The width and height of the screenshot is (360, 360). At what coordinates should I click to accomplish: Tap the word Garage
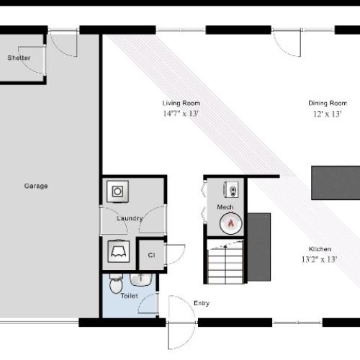pyautogui.click(x=36, y=186)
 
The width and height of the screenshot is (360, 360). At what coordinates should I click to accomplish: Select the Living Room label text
pyautogui.click(x=181, y=103)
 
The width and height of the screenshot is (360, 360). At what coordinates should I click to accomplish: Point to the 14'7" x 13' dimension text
pyautogui.click(x=181, y=113)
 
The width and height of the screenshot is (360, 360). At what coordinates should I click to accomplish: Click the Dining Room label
pyautogui.click(x=328, y=103)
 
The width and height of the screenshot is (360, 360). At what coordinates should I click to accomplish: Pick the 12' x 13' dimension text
pyautogui.click(x=328, y=113)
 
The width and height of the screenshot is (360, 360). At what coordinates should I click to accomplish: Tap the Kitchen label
pyautogui.click(x=320, y=248)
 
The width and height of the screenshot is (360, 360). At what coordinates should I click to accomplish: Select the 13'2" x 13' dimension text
pyautogui.click(x=320, y=258)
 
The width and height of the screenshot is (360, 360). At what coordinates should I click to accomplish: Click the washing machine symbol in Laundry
pyautogui.click(x=117, y=192)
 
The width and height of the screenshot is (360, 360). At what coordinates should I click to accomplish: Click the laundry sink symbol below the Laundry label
pyautogui.click(x=117, y=251)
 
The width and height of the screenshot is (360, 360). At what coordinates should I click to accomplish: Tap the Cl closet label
pyautogui.click(x=151, y=255)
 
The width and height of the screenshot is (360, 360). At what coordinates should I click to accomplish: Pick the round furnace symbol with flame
pyautogui.click(x=230, y=224)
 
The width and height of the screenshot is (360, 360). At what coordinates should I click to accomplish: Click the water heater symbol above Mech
pyautogui.click(x=232, y=190)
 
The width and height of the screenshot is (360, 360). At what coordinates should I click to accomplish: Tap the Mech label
pyautogui.click(x=225, y=207)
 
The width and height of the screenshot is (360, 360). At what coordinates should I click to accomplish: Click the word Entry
pyautogui.click(x=202, y=303)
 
